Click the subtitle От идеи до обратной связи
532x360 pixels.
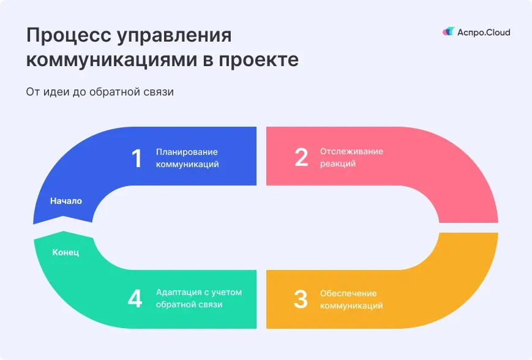[x=100, y=92]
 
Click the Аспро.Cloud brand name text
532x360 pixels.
[x=484, y=32]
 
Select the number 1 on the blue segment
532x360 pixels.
[x=137, y=159]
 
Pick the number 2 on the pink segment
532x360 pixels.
[x=301, y=157]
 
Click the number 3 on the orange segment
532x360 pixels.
[x=300, y=299]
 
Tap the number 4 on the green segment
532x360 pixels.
[x=135, y=299]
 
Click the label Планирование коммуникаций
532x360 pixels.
[x=187, y=158]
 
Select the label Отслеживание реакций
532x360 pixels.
[x=351, y=157]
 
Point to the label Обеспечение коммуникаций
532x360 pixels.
[x=351, y=299]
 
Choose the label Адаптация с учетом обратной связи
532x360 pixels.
[x=198, y=298]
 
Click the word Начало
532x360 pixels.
[x=66, y=201]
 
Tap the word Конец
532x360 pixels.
[x=66, y=252]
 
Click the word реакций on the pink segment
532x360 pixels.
[x=337, y=164]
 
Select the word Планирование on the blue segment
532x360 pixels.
[x=187, y=152]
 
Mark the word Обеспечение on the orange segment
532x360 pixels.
[x=348, y=293]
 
